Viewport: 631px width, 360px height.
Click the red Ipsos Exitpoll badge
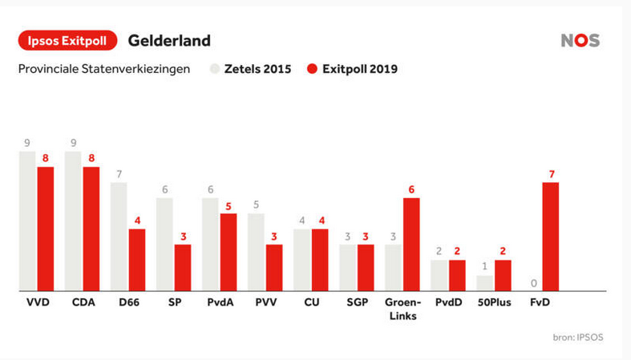68,40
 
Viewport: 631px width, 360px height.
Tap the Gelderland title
169,40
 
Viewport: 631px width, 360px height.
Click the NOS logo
580,41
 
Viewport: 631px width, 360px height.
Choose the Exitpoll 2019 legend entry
352,69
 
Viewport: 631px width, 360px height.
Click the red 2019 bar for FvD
551,237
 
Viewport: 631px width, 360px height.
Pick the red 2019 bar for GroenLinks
412,244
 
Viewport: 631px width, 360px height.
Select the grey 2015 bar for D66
119,237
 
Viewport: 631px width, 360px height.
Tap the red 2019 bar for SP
183,267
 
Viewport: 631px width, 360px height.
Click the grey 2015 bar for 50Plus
485,282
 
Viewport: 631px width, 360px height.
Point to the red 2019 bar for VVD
46,229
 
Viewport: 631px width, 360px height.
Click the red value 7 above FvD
551,174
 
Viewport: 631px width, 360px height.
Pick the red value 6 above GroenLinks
412,189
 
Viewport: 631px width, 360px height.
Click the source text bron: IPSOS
577,337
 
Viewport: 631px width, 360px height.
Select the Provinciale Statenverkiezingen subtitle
104,69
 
